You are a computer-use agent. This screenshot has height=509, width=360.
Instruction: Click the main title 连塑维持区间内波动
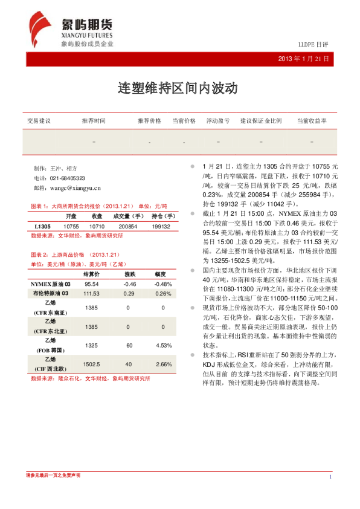[x=178, y=88]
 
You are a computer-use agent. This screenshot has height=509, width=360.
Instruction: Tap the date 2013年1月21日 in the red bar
[x=304, y=59]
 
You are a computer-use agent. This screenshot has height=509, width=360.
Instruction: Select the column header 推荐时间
[x=94, y=121]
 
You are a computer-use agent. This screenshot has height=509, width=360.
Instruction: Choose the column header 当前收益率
[x=312, y=121]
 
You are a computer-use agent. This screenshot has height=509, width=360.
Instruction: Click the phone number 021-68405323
[x=67, y=178]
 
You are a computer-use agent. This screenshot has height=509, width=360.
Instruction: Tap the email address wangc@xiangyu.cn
[x=75, y=189]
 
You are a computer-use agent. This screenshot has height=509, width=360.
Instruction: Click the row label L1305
[x=42, y=226]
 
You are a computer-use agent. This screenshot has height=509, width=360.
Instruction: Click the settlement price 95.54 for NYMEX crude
[x=92, y=284]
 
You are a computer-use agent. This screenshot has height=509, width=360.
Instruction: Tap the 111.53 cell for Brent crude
[x=92, y=293]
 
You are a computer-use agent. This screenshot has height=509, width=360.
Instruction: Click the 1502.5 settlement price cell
[x=92, y=365]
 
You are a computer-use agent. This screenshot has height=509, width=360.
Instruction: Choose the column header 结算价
[x=92, y=274]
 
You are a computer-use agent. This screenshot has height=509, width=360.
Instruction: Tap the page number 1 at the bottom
[x=332, y=478]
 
